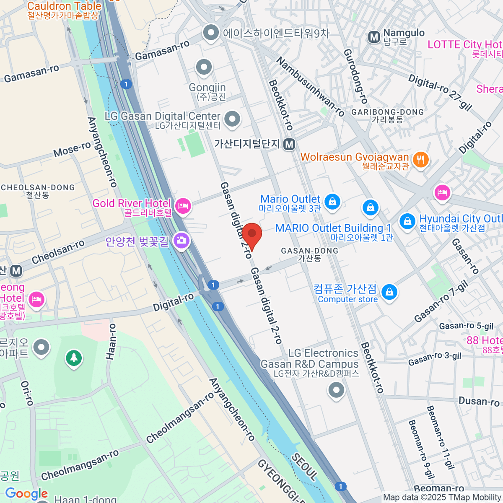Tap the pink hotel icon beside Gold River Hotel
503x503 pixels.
point(183,205)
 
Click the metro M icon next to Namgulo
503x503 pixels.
point(373,37)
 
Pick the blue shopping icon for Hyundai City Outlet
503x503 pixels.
point(407,221)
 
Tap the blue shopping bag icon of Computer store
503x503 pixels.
point(389,292)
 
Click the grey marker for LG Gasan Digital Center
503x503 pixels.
point(232,119)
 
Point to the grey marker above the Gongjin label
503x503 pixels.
point(204,67)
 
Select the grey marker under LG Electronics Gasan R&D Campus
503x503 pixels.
point(336,390)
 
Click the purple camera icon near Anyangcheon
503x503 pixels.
point(181,240)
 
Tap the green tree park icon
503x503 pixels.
point(74,358)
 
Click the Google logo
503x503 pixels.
point(26,494)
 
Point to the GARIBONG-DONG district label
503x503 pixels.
point(387,112)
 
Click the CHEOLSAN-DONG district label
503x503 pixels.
point(38,188)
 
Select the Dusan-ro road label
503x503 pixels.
point(479,402)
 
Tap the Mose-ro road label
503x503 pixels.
point(72,149)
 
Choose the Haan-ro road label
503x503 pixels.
point(111,342)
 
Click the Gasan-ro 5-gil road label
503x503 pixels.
point(466,326)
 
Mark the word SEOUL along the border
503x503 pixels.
point(304,467)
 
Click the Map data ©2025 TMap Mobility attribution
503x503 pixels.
point(442,498)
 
